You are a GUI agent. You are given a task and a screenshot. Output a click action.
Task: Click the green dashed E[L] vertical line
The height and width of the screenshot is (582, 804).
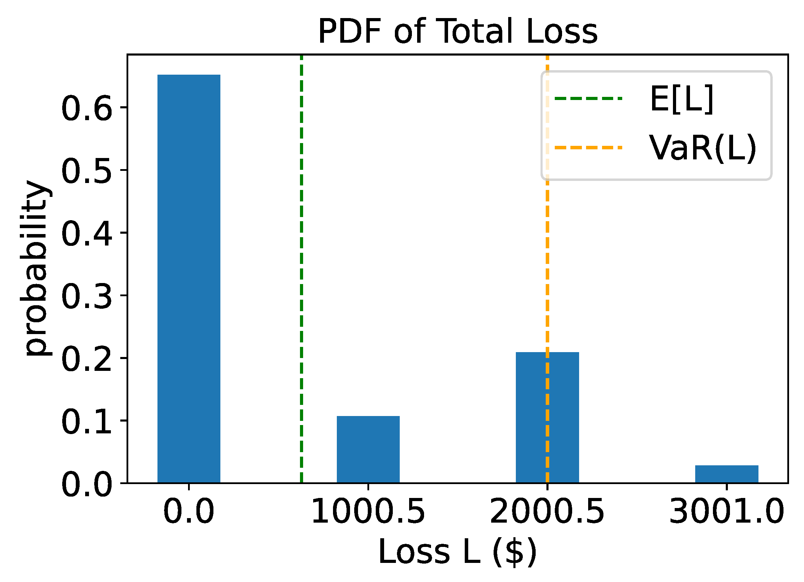[301, 248]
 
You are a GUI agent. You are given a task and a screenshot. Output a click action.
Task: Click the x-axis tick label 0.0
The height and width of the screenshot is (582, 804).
[189, 512]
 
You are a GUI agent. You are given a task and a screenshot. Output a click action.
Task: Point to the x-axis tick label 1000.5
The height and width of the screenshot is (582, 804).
[368, 512]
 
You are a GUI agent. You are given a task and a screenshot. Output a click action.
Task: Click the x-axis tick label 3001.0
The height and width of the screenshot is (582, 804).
[726, 512]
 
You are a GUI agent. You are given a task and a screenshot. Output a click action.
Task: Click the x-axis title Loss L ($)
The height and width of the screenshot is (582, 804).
[457, 552]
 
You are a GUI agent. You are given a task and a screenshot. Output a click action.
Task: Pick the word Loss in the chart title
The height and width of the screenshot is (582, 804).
[562, 32]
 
